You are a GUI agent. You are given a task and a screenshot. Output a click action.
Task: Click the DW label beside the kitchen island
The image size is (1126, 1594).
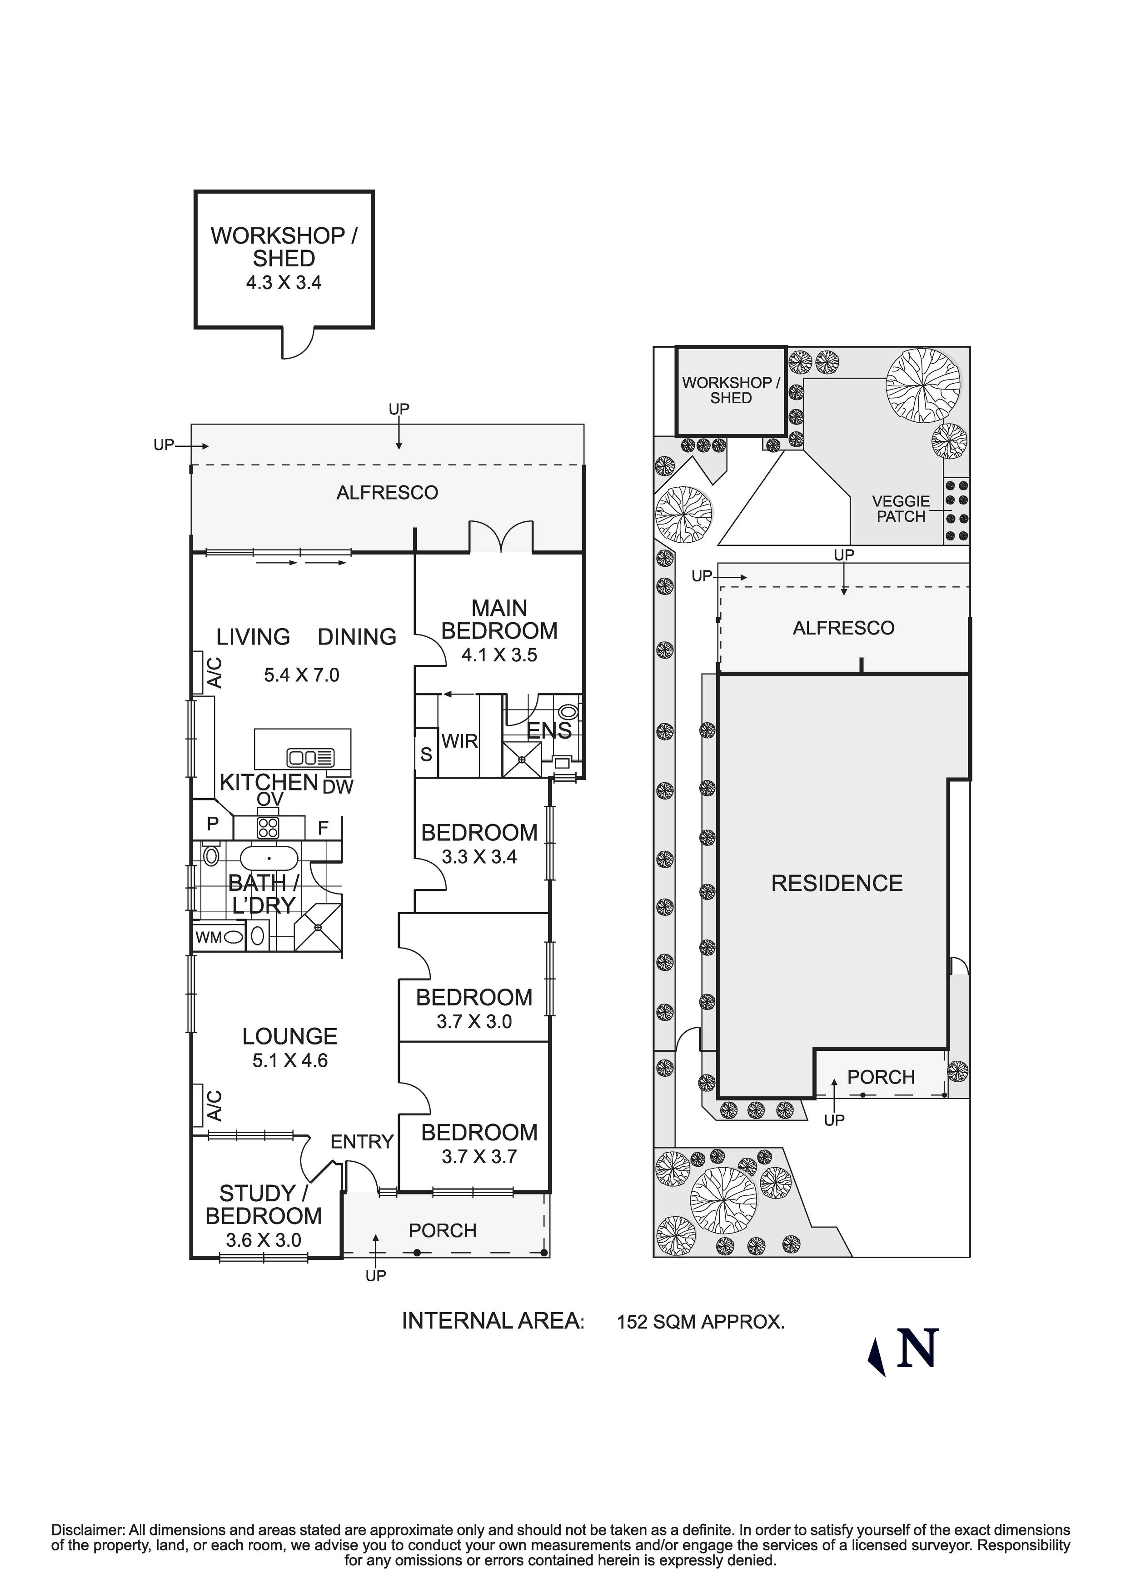point(338,787)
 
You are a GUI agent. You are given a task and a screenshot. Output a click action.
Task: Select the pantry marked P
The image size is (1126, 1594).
point(212,824)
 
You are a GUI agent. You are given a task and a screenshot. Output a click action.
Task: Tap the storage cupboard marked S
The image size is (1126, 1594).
point(426,754)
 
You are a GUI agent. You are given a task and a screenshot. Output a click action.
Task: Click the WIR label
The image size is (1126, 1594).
point(459,741)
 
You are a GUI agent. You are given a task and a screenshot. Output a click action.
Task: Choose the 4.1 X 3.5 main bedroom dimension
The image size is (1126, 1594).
point(499,655)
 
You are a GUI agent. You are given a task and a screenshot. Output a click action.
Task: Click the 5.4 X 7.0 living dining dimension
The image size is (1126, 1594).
point(301,675)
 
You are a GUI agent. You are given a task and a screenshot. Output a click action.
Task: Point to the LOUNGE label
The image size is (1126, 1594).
point(289,1036)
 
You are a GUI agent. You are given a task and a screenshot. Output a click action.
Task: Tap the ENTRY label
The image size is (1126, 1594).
point(362,1141)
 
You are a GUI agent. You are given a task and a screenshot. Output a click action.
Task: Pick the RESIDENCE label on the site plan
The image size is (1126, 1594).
point(837,883)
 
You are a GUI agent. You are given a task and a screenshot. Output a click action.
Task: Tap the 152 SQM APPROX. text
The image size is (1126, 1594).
point(700,1322)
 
